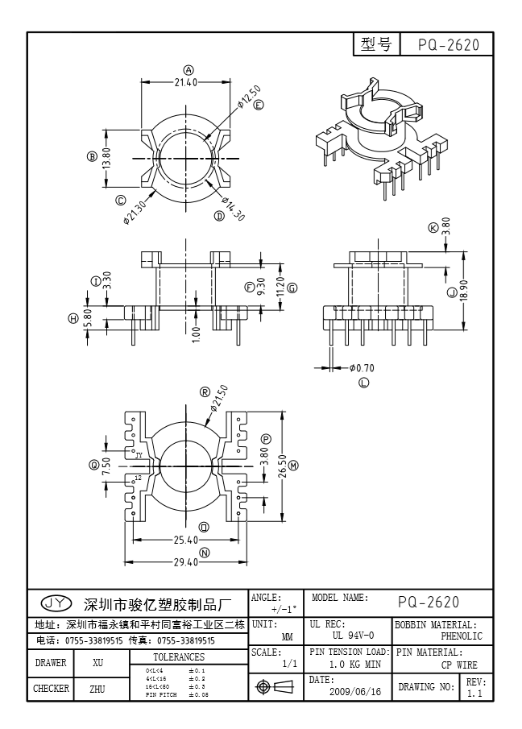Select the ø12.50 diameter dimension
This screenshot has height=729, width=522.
(249, 97)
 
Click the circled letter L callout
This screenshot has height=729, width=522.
(363, 382)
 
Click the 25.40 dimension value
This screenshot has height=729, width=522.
(187, 540)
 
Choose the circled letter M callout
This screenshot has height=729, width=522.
(294, 466)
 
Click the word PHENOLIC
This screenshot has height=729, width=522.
(462, 636)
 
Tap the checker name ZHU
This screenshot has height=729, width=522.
(97, 689)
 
